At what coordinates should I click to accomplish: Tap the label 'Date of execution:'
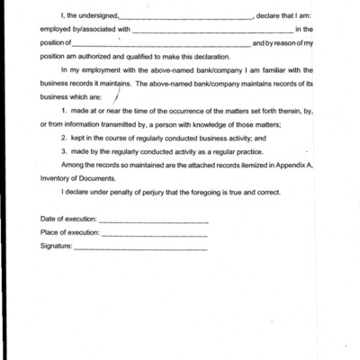click(x=67, y=220)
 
